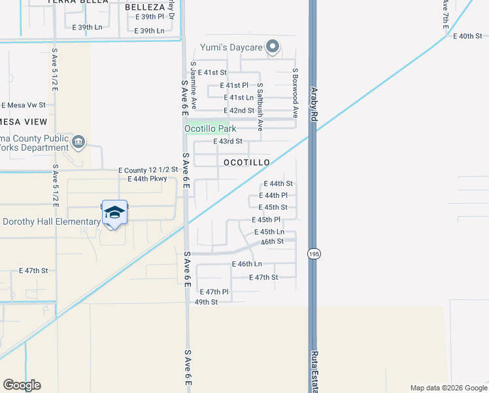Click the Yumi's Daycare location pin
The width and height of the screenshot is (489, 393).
tap(273, 46)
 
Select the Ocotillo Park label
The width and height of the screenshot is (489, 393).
tap(210, 129)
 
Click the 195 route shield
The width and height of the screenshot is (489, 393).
tap(313, 253)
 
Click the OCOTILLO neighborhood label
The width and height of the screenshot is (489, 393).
tap(246, 162)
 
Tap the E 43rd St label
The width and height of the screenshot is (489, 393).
tap(228, 141)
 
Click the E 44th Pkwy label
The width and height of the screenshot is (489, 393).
tap(147, 178)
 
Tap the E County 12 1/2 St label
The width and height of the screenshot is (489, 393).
tap(148, 170)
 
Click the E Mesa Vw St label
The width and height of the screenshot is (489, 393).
tap(24, 105)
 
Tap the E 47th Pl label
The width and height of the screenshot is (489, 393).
tap(214, 291)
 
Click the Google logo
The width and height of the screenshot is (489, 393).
tap(22, 385)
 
